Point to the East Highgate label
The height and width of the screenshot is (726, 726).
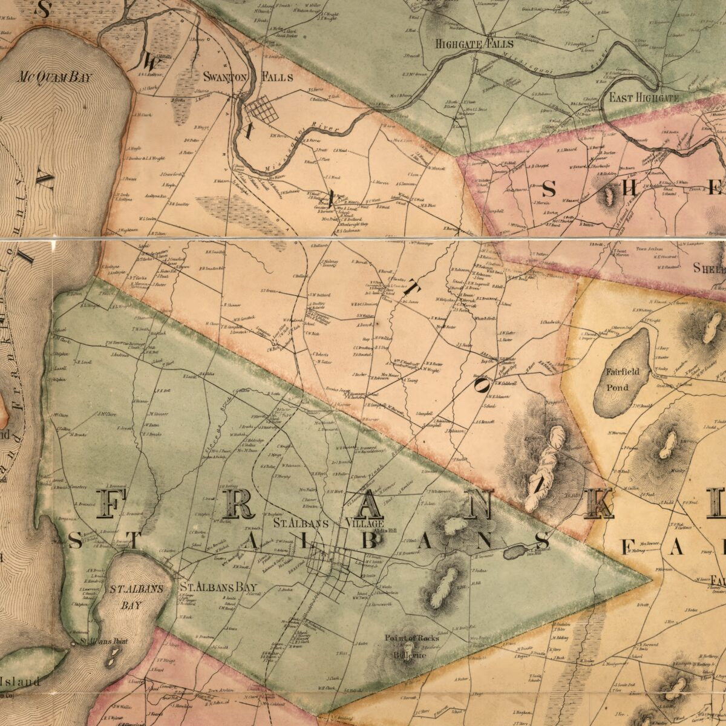point(644,97)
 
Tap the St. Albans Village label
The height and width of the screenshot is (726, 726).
point(328,523)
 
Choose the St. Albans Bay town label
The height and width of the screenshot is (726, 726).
point(218,587)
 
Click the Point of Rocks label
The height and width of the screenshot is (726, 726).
point(412,638)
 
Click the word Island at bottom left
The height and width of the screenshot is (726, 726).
point(22,681)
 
